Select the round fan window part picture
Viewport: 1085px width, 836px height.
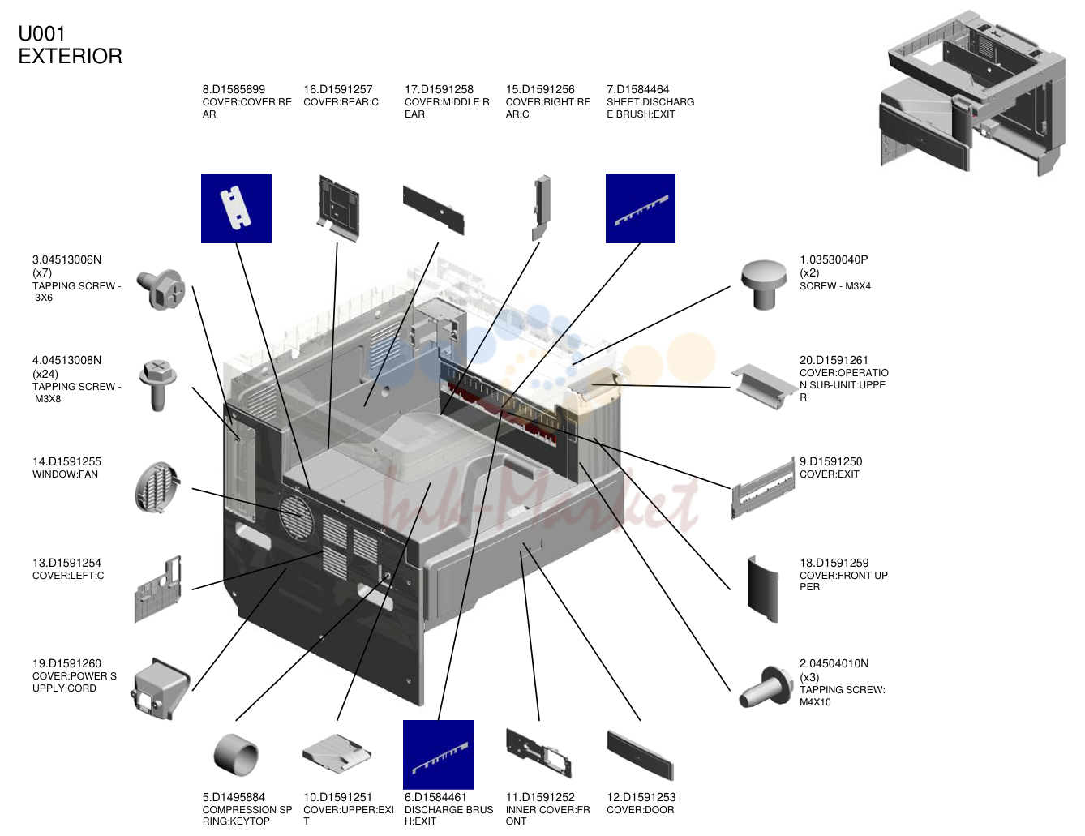coord(157,487)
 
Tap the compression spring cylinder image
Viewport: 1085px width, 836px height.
coord(236,755)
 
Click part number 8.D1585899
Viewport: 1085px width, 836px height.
coord(234,89)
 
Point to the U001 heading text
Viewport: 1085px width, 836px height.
coord(42,34)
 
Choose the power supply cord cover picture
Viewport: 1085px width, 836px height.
coord(161,688)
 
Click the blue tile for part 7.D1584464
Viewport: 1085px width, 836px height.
coord(640,208)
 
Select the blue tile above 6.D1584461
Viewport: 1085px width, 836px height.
coord(438,754)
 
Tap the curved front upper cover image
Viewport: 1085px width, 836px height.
coord(763,589)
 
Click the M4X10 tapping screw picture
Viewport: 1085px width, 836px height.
coord(766,687)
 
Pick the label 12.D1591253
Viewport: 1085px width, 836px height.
coord(641,797)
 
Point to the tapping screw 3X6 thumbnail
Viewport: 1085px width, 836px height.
coord(161,289)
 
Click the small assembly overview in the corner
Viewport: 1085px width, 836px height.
coord(972,93)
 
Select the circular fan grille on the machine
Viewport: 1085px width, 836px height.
coord(297,517)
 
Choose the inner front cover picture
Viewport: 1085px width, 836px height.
coord(538,753)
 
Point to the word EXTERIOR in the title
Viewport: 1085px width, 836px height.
coord(71,57)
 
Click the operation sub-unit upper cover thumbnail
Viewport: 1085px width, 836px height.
coord(764,387)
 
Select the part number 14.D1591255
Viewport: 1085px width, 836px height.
coord(67,461)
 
